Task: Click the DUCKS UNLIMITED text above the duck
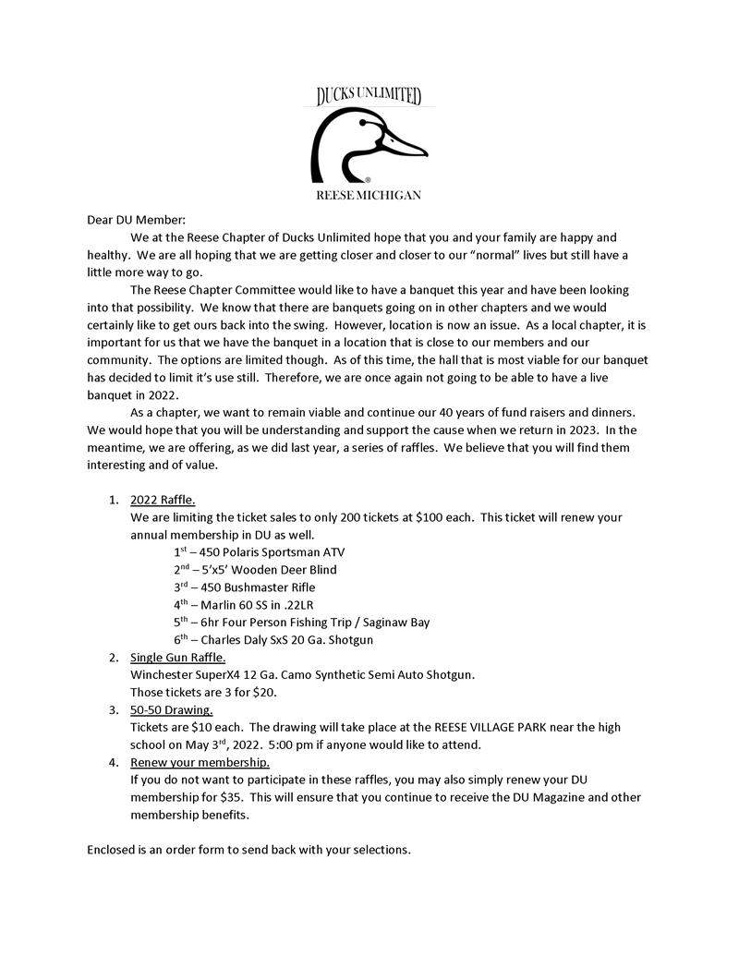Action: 369,95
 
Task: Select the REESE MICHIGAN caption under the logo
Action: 369,196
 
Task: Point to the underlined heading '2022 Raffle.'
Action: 163,501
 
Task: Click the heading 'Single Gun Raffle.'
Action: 177,658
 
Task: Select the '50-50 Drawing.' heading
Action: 171,710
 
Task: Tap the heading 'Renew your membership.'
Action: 200,763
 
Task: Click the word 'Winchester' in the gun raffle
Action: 163,675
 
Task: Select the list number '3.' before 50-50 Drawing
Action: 112,710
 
